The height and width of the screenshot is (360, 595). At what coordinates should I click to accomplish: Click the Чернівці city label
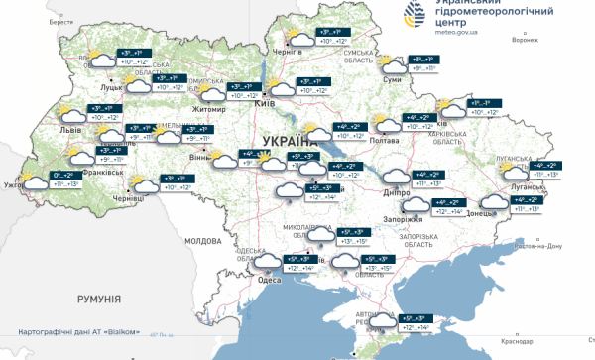coord(129,198)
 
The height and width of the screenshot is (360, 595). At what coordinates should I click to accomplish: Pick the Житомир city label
coord(210,110)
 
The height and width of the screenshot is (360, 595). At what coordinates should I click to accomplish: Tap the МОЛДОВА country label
coord(204,241)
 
